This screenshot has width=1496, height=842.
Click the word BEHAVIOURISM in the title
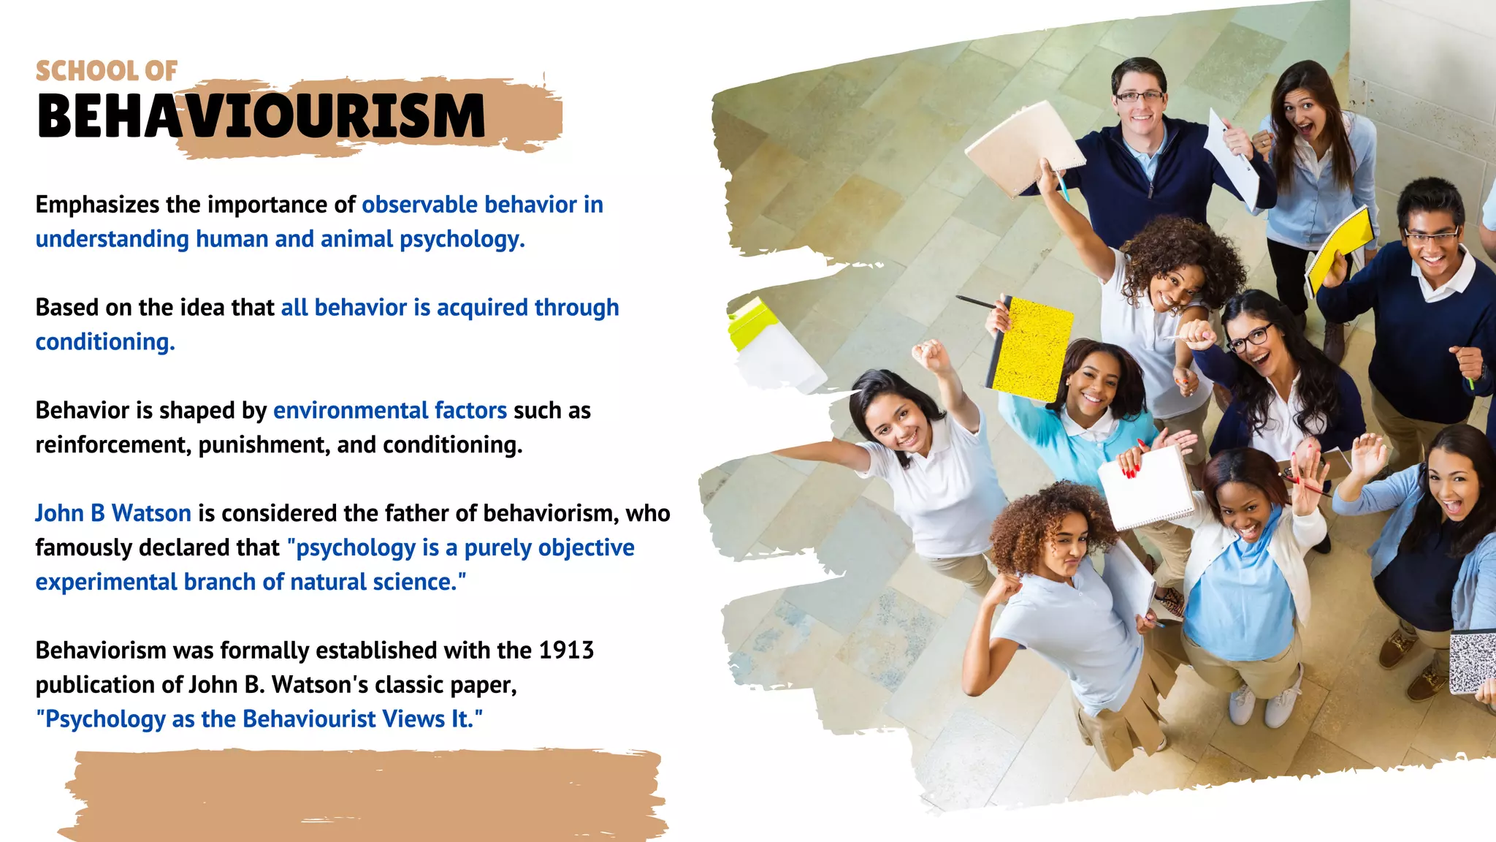coord(261,116)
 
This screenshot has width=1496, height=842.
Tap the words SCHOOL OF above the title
coord(107,71)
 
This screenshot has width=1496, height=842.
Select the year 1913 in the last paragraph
coord(566,650)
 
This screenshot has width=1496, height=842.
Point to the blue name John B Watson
coord(113,513)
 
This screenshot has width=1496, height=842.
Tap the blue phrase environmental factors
coord(389,411)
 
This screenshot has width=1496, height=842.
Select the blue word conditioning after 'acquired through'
coord(105,342)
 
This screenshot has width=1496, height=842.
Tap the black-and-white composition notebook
coord(1471,661)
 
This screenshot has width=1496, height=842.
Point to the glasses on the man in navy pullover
coord(1140,96)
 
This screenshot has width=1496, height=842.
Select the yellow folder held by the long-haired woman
coord(1340,249)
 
